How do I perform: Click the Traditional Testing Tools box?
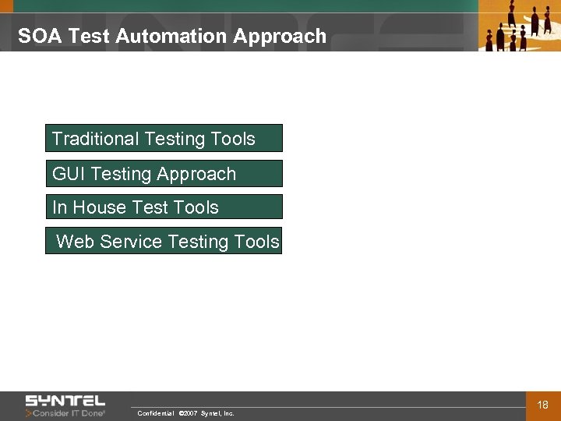tap(164, 138)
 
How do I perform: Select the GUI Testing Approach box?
tap(164, 173)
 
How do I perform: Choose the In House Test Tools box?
tap(164, 207)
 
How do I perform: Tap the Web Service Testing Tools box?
tap(164, 241)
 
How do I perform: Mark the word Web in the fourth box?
tap(75, 242)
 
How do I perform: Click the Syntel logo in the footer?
tap(65, 401)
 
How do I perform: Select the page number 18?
tap(543, 405)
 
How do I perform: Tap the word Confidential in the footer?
tap(155, 413)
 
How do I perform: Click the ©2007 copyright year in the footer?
tap(188, 413)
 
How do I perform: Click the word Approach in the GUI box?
tap(199, 174)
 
